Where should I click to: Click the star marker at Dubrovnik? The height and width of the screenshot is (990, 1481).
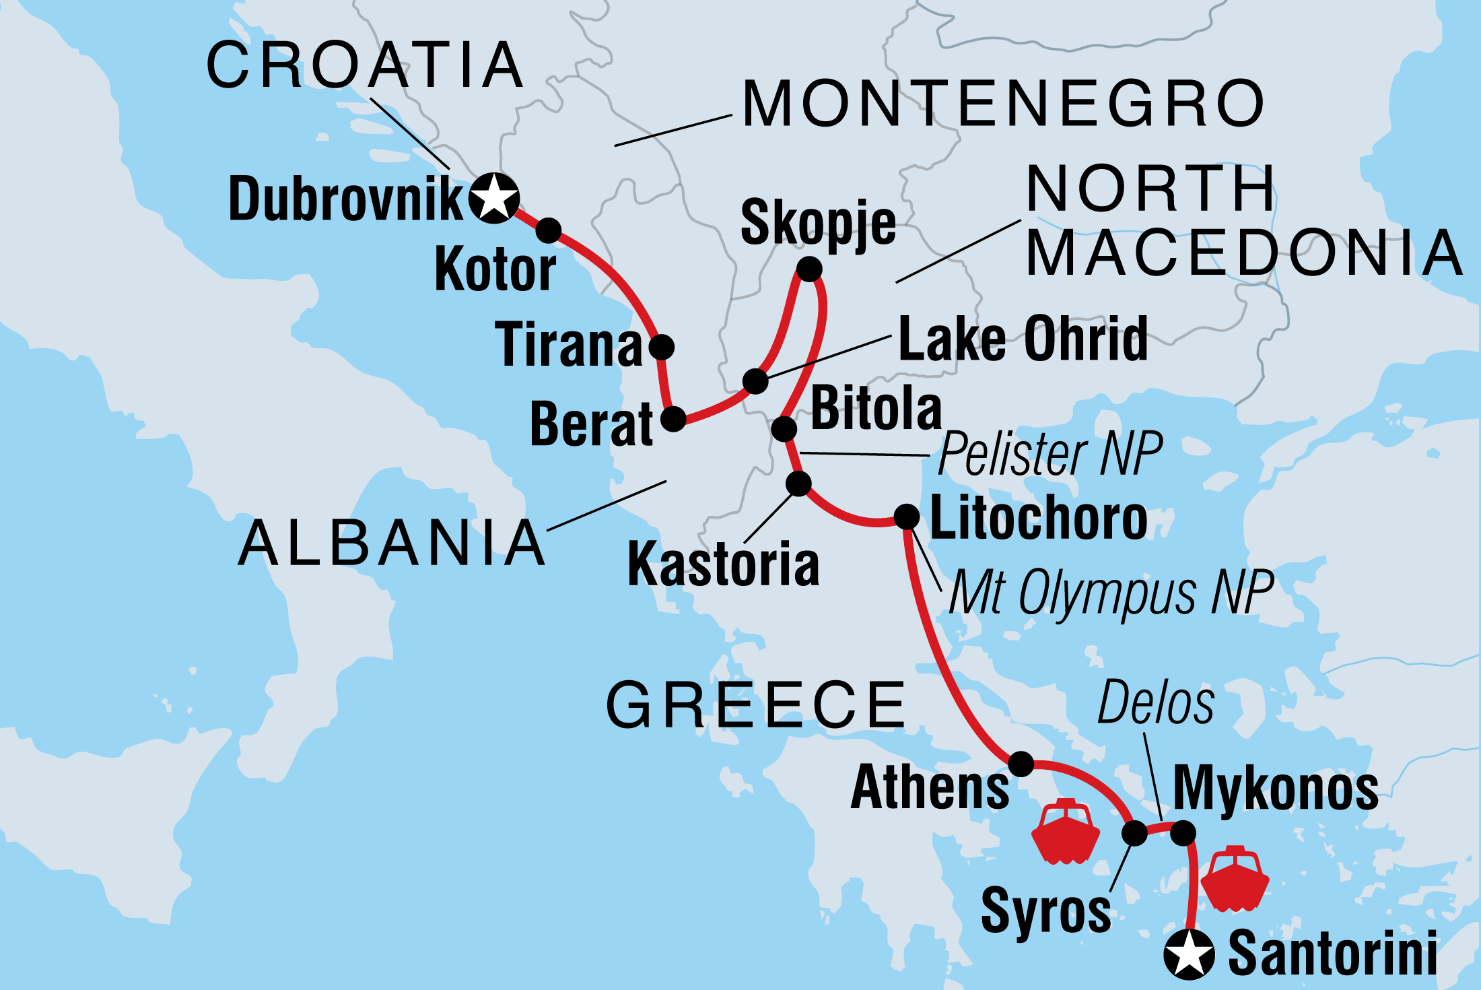494,198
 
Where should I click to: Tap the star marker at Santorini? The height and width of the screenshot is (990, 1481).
1189,954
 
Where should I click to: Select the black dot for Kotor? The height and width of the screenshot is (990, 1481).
549,230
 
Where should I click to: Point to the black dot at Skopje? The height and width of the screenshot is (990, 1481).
809,269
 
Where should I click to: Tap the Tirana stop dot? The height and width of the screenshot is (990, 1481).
661,347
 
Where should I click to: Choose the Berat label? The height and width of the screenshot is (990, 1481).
591,424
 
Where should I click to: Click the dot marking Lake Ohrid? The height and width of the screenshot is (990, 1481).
755,381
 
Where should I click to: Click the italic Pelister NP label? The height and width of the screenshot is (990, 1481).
1050,454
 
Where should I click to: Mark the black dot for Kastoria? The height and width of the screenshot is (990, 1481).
798,484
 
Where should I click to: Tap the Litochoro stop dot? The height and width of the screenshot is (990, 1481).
906,517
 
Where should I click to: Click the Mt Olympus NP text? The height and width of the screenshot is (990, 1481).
1111,592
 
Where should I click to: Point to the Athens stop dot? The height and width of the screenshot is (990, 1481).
1021,764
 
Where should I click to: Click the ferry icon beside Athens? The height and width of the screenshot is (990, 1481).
1065,832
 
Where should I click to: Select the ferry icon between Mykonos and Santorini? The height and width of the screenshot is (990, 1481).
1235,880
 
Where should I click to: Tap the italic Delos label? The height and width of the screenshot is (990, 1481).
1156,703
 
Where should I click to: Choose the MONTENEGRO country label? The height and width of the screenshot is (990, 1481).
1003,104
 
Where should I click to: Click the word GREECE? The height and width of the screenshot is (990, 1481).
756,705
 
